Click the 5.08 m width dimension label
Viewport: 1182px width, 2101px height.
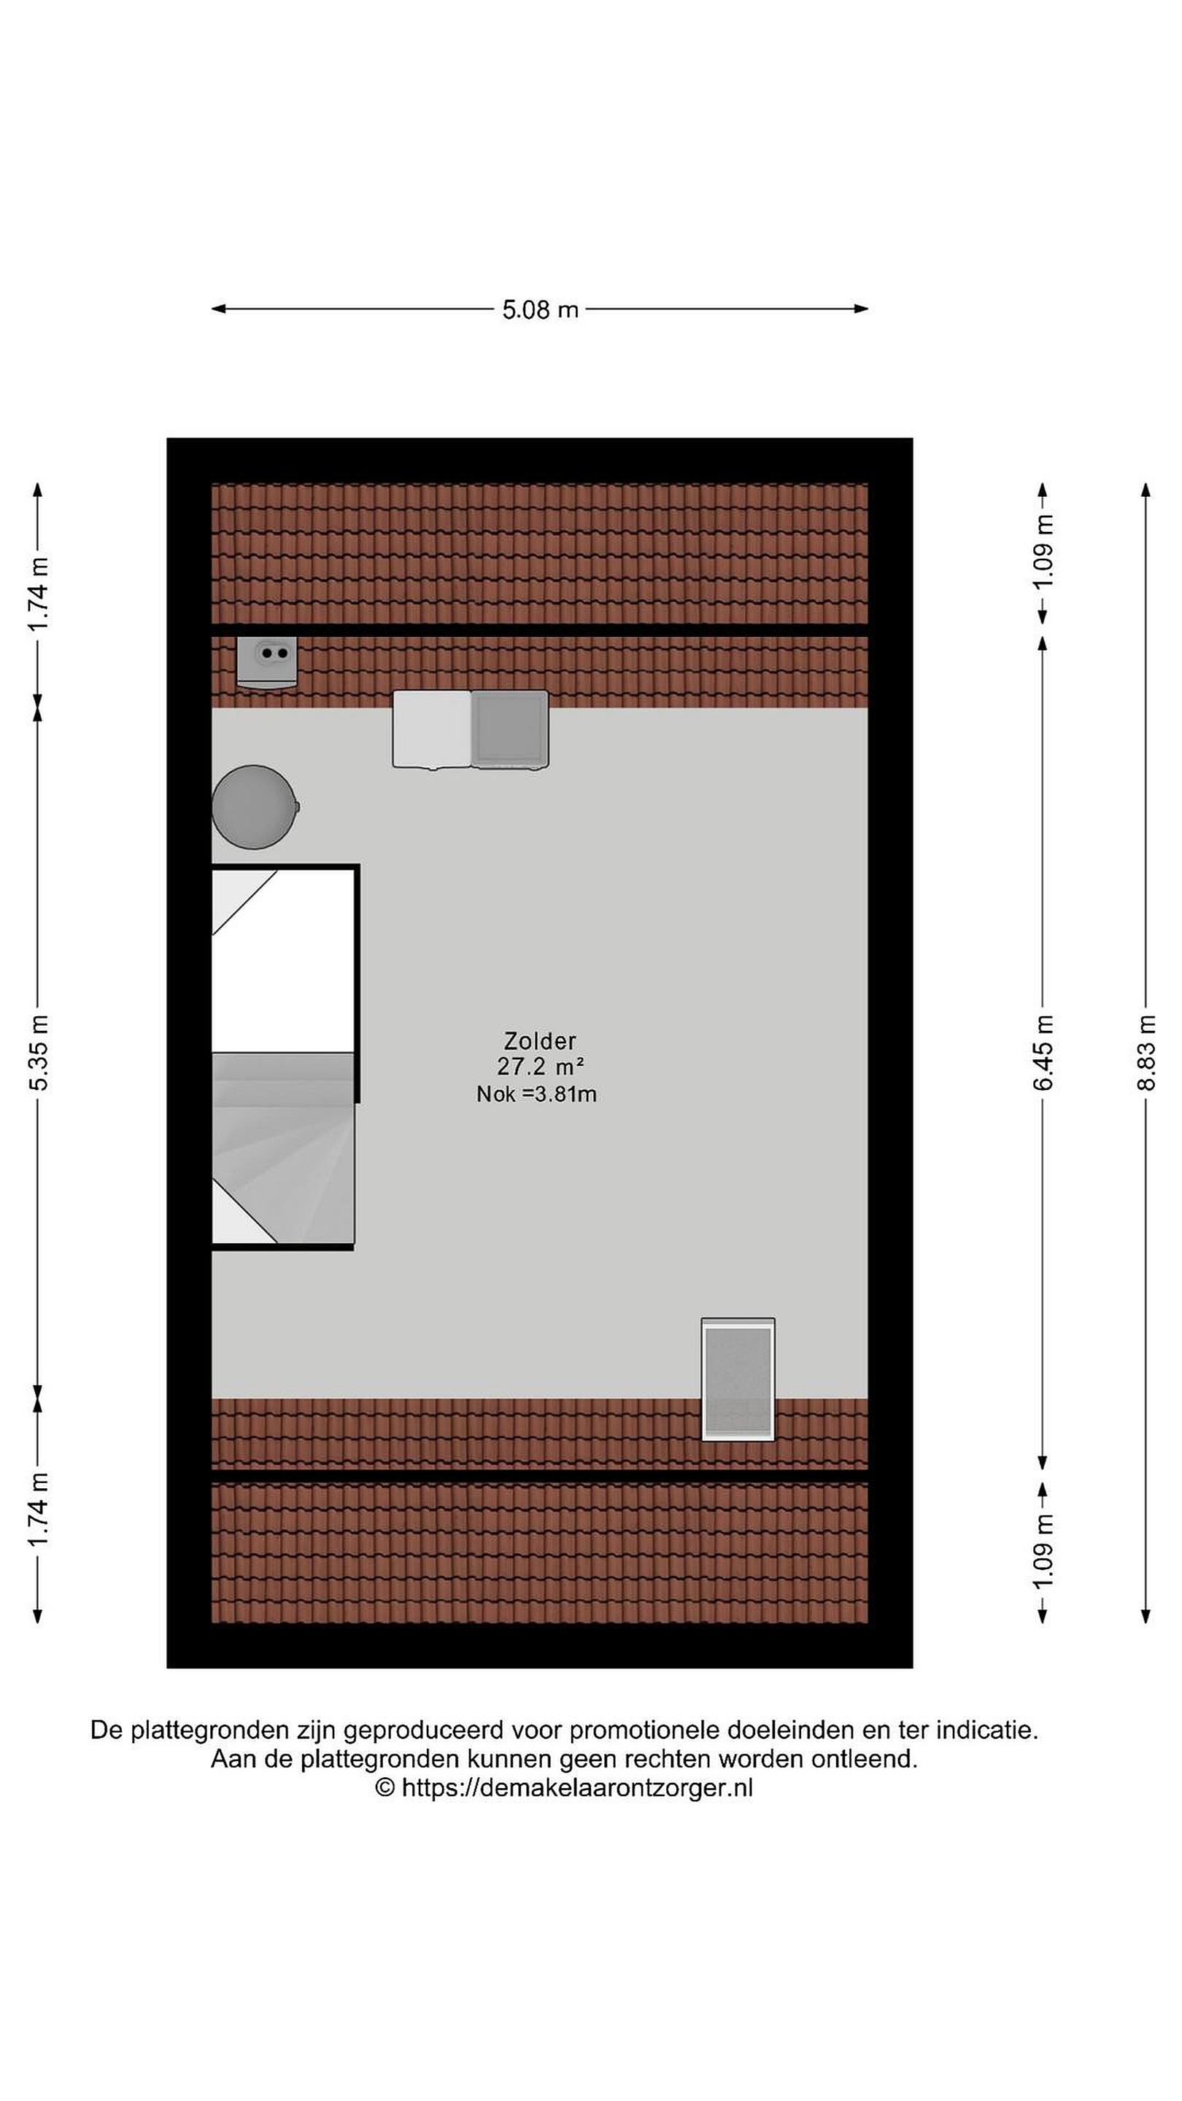(x=540, y=310)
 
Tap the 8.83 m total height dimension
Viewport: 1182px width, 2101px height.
(x=1146, y=1052)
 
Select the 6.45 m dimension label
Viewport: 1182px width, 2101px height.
(x=1043, y=1052)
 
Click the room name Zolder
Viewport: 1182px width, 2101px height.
(x=540, y=1041)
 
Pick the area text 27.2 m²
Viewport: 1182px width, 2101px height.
(x=540, y=1066)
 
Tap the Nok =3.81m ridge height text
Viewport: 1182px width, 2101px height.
(x=537, y=1094)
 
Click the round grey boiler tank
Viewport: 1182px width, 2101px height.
(x=255, y=807)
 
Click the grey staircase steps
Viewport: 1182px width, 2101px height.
(x=283, y=1149)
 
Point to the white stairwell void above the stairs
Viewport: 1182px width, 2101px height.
(x=283, y=961)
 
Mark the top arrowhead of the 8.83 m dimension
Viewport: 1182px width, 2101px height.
(x=1146, y=490)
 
